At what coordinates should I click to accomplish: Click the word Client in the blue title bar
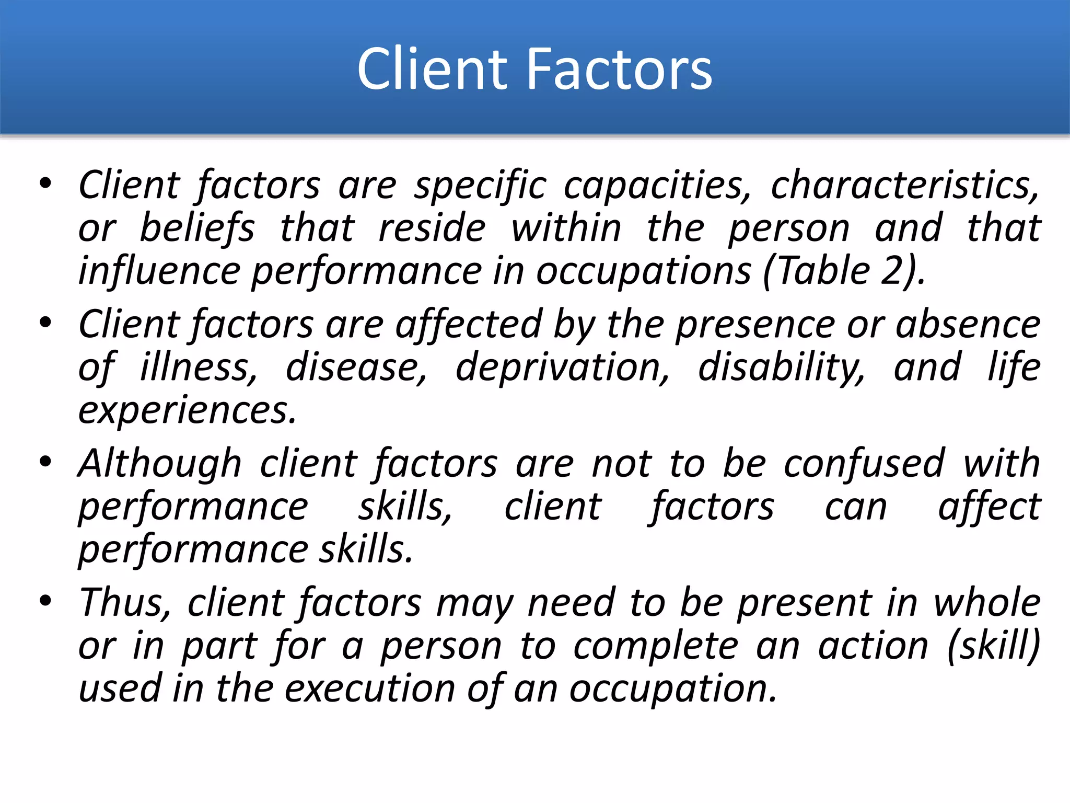tap(432, 69)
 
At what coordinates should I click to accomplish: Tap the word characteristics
tap(904, 186)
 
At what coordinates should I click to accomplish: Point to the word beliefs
tap(197, 228)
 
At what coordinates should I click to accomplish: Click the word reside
tap(432, 228)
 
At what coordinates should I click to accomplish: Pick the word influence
tap(159, 271)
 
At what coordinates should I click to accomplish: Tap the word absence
tap(968, 325)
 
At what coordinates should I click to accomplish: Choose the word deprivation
tap(562, 368)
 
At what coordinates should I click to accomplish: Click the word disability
tap(781, 368)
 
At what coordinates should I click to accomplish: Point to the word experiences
tap(187, 410)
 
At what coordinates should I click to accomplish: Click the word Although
tap(159, 464)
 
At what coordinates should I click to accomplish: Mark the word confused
tap(864, 464)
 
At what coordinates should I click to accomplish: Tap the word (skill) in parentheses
tap(993, 646)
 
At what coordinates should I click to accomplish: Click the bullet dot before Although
tap(45, 462)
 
